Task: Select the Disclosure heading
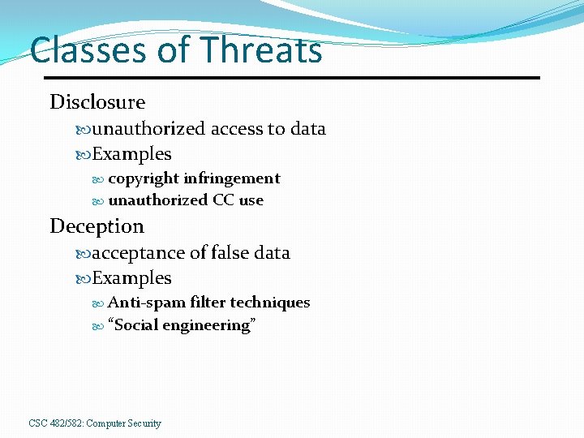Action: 97,102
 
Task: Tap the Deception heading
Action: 97,226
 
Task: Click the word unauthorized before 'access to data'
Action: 149,129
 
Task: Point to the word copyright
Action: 144,178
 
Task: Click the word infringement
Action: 232,178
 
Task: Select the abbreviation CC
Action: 223,200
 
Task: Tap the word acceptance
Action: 139,253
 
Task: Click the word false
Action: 230,253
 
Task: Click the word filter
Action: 208,303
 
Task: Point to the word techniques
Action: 270,303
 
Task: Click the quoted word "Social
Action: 133,325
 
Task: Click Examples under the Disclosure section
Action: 131,154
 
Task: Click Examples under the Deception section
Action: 131,278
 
